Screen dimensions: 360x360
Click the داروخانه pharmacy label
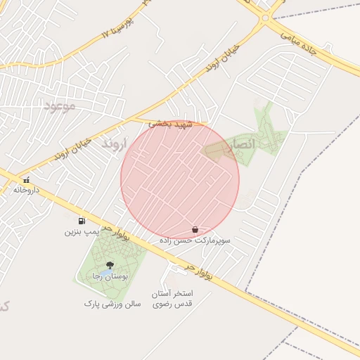click(x=27, y=190)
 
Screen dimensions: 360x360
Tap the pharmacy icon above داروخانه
click(x=27, y=180)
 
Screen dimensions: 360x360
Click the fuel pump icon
click(x=83, y=221)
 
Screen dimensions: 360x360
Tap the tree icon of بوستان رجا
click(x=108, y=265)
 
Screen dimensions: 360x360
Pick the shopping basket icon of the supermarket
click(x=195, y=230)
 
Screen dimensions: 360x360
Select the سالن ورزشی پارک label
click(x=112, y=304)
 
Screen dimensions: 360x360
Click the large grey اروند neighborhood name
click(x=112, y=143)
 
